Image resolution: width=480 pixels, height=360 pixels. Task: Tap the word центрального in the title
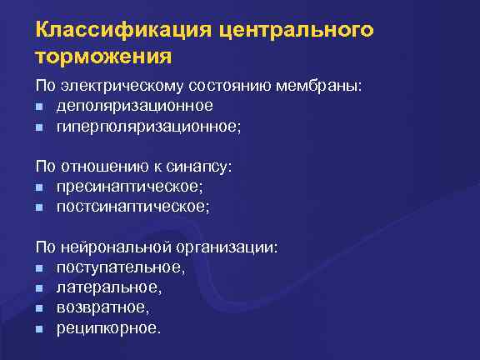click(295, 31)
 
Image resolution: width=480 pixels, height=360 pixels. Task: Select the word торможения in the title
click(104, 57)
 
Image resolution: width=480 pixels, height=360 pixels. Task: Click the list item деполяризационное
click(134, 106)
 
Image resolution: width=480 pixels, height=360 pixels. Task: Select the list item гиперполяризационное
click(147, 126)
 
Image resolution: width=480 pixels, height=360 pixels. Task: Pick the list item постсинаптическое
click(132, 207)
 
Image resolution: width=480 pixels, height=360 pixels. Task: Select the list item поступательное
click(120, 267)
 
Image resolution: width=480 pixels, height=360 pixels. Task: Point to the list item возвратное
click(102, 307)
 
